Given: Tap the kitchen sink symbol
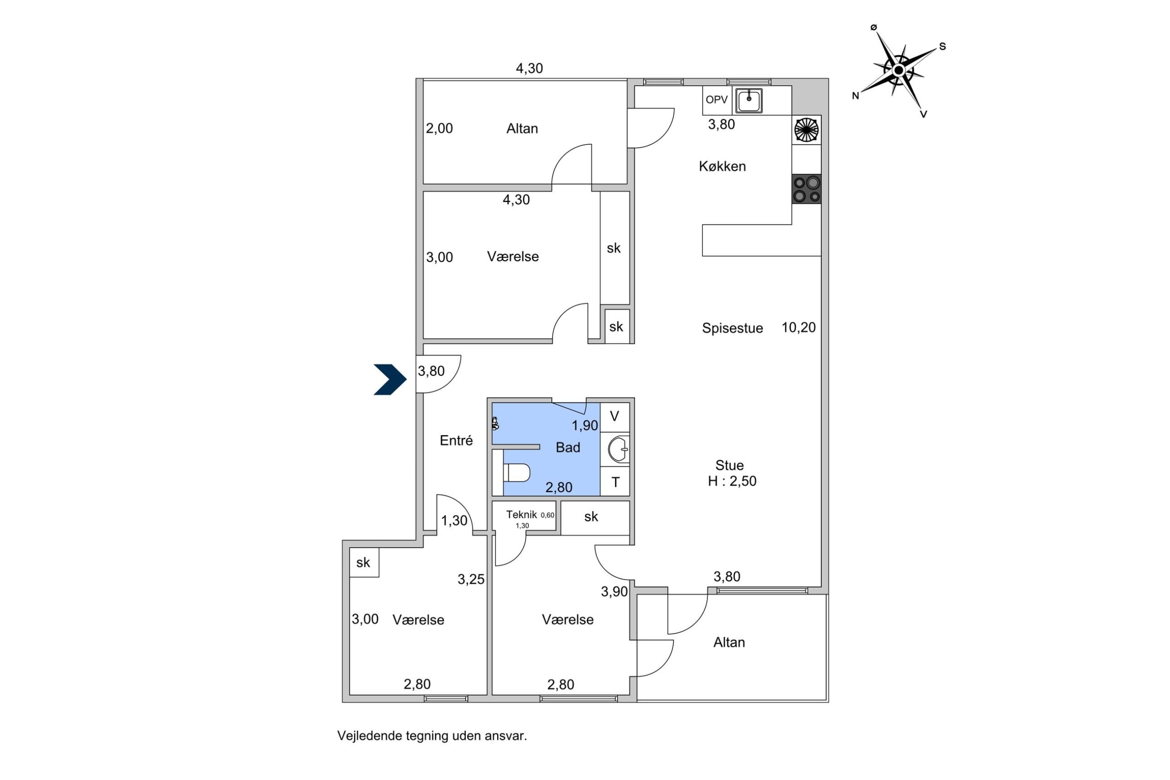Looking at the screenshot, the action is tap(749, 101).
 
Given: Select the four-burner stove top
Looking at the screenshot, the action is tap(806, 189).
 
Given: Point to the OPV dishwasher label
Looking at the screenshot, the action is tap(717, 100).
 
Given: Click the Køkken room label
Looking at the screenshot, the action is tap(722, 166).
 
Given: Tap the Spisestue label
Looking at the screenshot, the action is tap(732, 328).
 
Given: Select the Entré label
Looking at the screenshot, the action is tap(456, 440).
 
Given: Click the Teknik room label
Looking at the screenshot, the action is tap(521, 515).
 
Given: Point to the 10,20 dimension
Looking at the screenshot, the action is tap(798, 327).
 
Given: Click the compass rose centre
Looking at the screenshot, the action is tap(899, 70).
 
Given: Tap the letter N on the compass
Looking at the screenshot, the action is tap(855, 96).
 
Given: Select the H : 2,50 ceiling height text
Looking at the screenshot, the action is tap(732, 481).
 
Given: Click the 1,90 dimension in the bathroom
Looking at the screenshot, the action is tap(585, 425).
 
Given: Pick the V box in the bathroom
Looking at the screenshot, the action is tap(615, 417).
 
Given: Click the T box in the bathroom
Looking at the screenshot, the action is tap(615, 481).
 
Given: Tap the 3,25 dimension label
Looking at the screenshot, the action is tap(471, 579).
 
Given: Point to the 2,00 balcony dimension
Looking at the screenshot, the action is tap(439, 128).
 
